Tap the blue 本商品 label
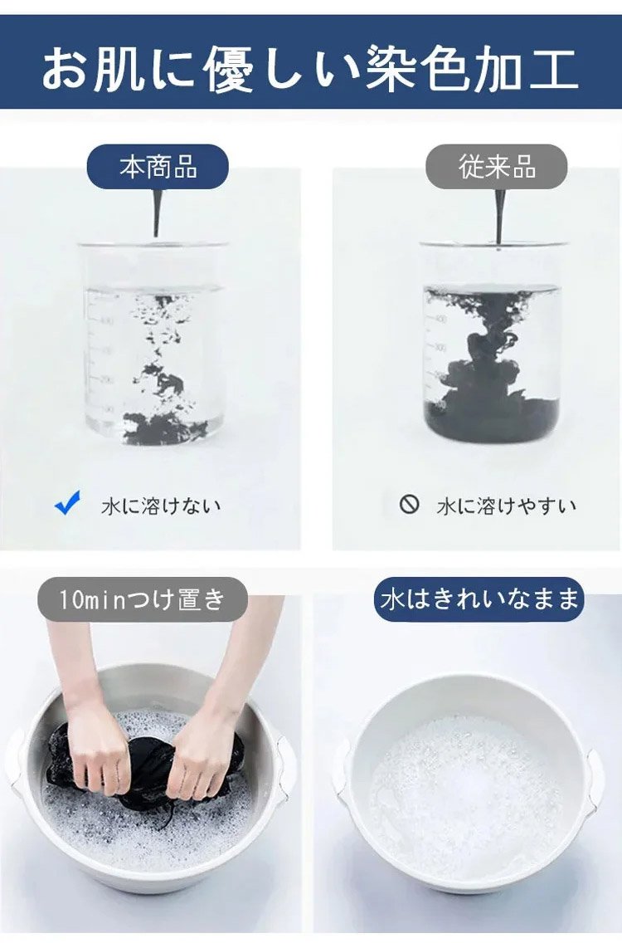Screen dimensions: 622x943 point(158,167)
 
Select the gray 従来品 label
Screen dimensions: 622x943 point(497,167)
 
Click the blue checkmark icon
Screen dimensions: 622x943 point(67,502)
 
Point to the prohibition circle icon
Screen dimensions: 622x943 point(409,503)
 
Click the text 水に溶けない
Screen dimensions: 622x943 point(161,506)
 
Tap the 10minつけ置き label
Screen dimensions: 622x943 point(143,599)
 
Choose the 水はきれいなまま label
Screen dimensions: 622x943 point(479,599)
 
